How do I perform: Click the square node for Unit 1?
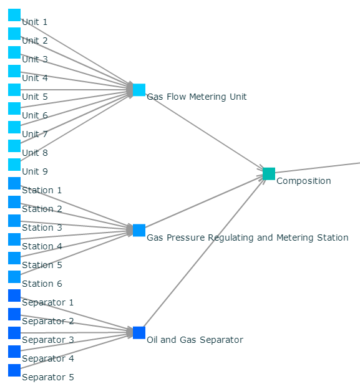tap(14, 15)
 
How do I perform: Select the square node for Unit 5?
tap(14, 90)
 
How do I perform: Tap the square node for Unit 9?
tap(14, 165)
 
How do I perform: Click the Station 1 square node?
tap(14, 183)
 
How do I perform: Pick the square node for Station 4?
tap(14, 239)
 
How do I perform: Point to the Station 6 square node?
tap(14, 277)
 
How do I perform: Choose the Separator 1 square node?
tap(14, 295)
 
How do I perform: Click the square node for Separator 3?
tap(14, 333)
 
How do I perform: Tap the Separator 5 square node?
tap(14, 370)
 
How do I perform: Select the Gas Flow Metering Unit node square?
tap(139, 90)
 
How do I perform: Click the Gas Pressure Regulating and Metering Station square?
tap(139, 230)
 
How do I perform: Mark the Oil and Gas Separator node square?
tap(139, 333)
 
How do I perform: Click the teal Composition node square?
tap(269, 174)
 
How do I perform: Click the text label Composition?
tap(304, 181)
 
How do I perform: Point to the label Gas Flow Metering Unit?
tap(197, 97)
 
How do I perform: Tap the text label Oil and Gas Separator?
tap(195, 340)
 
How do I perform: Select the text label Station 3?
tap(42, 228)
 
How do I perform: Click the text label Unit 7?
tap(35, 134)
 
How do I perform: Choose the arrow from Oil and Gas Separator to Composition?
tap(203, 252)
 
